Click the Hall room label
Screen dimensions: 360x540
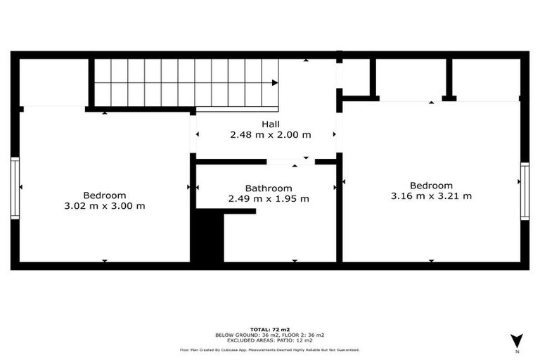(x=270, y=124)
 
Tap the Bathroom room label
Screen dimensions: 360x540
(x=268, y=188)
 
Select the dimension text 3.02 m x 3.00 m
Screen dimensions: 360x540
(x=104, y=206)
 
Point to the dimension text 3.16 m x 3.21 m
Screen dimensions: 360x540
(x=431, y=196)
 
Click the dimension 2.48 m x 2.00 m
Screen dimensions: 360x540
(x=270, y=134)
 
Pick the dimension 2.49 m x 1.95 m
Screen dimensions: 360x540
(x=268, y=199)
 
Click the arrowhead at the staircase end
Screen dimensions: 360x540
(x=276, y=83)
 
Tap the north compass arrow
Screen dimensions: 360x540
(x=517, y=339)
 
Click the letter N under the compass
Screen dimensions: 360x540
(x=517, y=351)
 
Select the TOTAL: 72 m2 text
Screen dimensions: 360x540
(x=270, y=329)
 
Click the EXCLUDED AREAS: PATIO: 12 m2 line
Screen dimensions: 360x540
(x=270, y=340)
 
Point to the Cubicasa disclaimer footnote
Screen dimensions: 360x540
(x=270, y=349)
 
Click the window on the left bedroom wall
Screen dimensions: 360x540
(x=15, y=188)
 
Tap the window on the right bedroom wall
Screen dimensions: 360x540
(x=525, y=191)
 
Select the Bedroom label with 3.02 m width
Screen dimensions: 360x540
(x=104, y=195)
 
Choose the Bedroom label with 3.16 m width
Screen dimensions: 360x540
(x=431, y=186)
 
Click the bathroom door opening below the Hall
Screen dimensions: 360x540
(x=290, y=162)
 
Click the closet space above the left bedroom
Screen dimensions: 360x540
(x=53, y=83)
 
